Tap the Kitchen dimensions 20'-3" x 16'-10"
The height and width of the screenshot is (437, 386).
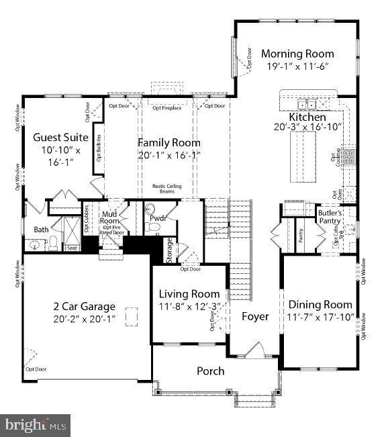[x=307, y=126]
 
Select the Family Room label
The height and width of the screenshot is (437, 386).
[x=169, y=142]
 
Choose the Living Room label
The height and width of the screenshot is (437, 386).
[x=189, y=294]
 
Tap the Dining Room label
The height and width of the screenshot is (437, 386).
[x=321, y=304]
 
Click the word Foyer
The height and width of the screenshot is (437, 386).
[x=255, y=316]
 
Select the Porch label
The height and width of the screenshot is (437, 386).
[x=210, y=371]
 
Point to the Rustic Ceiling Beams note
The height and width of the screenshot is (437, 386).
[x=168, y=190]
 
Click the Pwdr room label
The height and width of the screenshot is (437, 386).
[x=158, y=218]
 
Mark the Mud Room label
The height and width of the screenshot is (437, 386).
[x=109, y=218]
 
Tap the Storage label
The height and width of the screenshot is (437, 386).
[x=170, y=250]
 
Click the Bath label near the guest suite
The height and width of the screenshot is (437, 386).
[x=42, y=229]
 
